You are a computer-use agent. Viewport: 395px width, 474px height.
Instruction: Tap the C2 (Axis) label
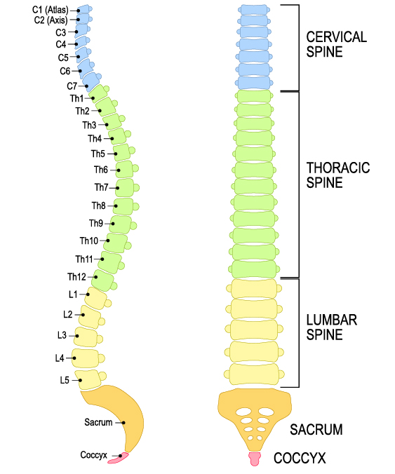tap(50, 20)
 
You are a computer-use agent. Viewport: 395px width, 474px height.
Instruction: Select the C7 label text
tap(72, 86)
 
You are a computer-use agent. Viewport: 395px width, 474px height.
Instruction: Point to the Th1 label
tap(76, 98)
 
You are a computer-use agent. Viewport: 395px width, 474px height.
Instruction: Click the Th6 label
tap(101, 170)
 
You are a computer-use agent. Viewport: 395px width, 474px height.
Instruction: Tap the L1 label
tap(73, 294)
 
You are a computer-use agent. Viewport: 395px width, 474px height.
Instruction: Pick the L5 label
tap(64, 381)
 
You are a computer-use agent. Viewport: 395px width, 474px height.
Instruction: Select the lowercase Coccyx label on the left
tap(93, 455)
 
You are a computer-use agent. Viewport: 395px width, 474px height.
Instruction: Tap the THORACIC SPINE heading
tap(338, 175)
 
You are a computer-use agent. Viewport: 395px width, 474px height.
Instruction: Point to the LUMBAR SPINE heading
tap(332, 327)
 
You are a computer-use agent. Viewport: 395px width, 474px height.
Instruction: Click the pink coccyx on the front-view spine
tap(255, 459)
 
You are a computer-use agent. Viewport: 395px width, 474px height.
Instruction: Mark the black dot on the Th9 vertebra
tap(108, 223)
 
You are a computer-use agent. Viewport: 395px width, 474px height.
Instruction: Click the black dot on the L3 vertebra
tap(74, 335)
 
